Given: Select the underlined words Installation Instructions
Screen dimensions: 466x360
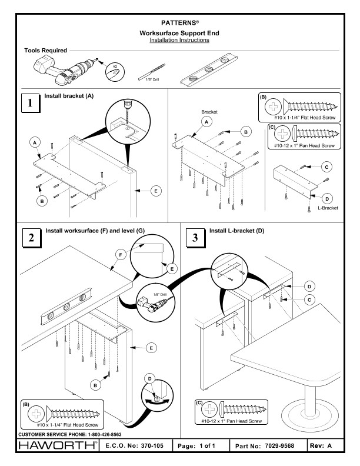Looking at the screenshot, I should coord(179,40).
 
